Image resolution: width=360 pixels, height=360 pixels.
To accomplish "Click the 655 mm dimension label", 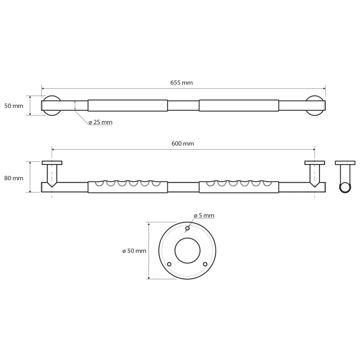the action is [181, 83].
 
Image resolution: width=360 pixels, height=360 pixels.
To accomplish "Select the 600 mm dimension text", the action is [182, 144].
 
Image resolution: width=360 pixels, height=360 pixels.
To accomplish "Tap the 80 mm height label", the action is [14, 178].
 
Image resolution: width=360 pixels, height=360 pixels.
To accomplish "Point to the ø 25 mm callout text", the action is [100, 122].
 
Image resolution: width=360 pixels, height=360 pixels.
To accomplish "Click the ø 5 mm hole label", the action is [204, 216].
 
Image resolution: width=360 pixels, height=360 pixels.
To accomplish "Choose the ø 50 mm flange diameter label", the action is [134, 251].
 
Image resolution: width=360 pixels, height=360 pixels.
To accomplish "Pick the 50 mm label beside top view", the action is [14, 106].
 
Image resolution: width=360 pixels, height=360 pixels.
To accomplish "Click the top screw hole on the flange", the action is [187, 228].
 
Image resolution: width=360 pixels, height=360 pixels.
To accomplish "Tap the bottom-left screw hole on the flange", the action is [169, 264].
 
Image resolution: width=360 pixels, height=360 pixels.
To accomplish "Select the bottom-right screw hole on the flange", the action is [205, 264].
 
